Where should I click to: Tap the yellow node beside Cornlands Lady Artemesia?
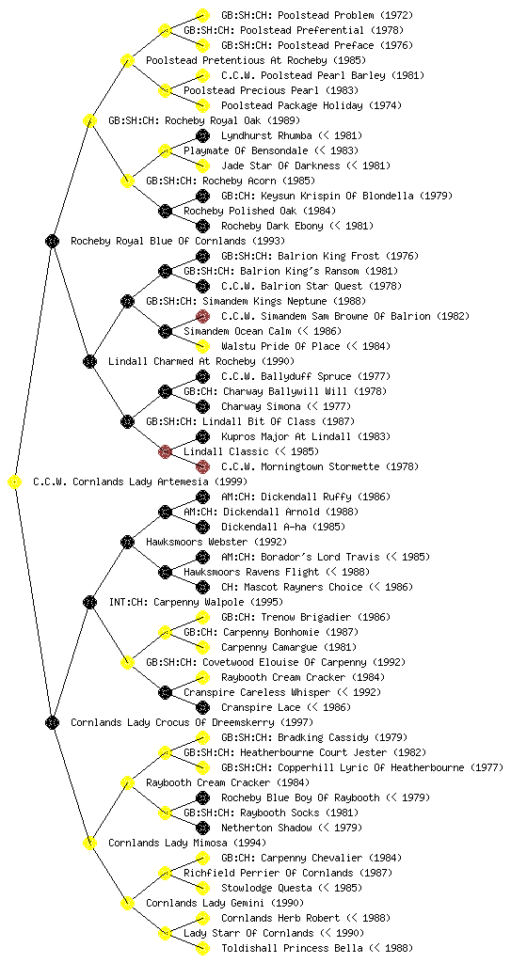(x=14, y=482)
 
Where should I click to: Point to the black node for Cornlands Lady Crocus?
(x=52, y=723)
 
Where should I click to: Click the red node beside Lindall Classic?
(x=165, y=452)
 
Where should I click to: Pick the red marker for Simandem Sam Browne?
(x=202, y=316)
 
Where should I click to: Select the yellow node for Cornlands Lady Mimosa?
(x=89, y=844)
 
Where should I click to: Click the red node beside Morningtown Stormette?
(x=202, y=466)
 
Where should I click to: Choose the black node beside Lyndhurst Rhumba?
(x=202, y=135)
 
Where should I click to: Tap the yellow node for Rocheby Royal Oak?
(x=89, y=121)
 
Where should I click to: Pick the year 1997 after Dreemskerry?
(x=296, y=723)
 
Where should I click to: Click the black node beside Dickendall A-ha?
(x=202, y=527)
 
